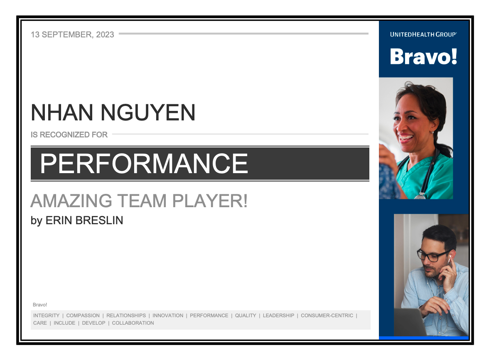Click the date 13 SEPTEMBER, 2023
pyautogui.click(x=72, y=34)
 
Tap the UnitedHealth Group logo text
pyautogui.click(x=423, y=34)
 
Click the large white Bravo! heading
pyautogui.click(x=423, y=56)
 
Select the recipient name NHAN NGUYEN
pyautogui.click(x=113, y=113)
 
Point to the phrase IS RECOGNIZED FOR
pyautogui.click(x=69, y=135)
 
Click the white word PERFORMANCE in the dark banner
pyautogui.click(x=144, y=163)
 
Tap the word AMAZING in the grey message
pyautogui.click(x=71, y=201)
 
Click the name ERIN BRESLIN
pyautogui.click(x=84, y=220)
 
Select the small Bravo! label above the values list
pyautogui.click(x=40, y=305)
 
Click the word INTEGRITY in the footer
pyautogui.click(x=46, y=316)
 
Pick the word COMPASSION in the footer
pyautogui.click(x=83, y=316)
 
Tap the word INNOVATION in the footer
pyautogui.click(x=168, y=316)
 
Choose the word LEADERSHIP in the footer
pyautogui.click(x=278, y=316)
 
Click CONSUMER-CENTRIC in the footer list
pyautogui.click(x=327, y=316)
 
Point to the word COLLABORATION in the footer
pyautogui.click(x=133, y=323)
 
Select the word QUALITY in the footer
pyautogui.click(x=246, y=316)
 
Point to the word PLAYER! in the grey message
pyautogui.click(x=210, y=201)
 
